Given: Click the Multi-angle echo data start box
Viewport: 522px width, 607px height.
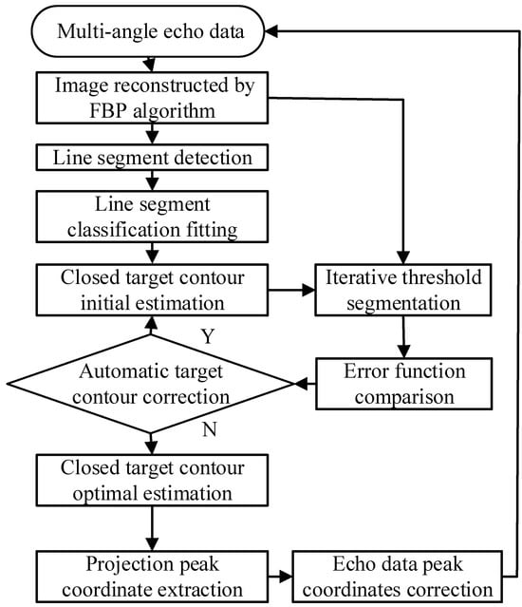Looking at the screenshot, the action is pos(148,31).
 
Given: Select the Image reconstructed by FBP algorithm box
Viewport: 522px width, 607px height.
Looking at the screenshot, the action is pos(152,98).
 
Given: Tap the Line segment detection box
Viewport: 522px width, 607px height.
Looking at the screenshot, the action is pos(152,158).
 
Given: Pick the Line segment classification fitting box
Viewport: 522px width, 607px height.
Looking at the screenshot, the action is pos(152,217).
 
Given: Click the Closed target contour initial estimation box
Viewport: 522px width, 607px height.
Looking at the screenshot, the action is pos(152,290).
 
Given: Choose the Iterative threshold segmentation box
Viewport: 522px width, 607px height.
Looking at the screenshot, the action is pos(403,290).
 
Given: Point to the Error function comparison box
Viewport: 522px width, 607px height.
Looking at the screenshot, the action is pos(404,384).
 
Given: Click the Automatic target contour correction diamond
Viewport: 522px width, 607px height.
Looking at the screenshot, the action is pos(151,384).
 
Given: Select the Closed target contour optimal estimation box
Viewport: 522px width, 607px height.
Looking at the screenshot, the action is pos(152,481).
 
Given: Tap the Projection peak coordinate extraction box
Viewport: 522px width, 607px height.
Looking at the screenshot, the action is pos(152,577).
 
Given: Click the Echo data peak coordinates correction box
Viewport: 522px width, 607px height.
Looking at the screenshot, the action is pos(398,577).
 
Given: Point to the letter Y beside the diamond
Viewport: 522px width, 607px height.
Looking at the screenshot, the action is pos(208,336).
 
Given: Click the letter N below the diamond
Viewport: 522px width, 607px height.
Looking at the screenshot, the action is pos(209,429).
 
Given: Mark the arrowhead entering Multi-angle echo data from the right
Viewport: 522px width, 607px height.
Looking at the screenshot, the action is pos(271,31).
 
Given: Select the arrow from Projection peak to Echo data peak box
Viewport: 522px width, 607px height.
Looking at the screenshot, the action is pos(280,577).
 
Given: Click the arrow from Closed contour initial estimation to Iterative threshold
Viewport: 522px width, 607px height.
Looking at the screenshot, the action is pos(291,290).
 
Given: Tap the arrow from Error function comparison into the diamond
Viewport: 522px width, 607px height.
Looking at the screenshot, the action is pos(306,384).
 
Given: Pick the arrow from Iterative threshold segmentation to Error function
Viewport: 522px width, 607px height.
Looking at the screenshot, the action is pos(403,337).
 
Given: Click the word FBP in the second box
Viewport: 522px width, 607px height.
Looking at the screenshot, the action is pos(108,111).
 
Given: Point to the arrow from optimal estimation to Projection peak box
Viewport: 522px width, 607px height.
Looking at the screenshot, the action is pos(153,528).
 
